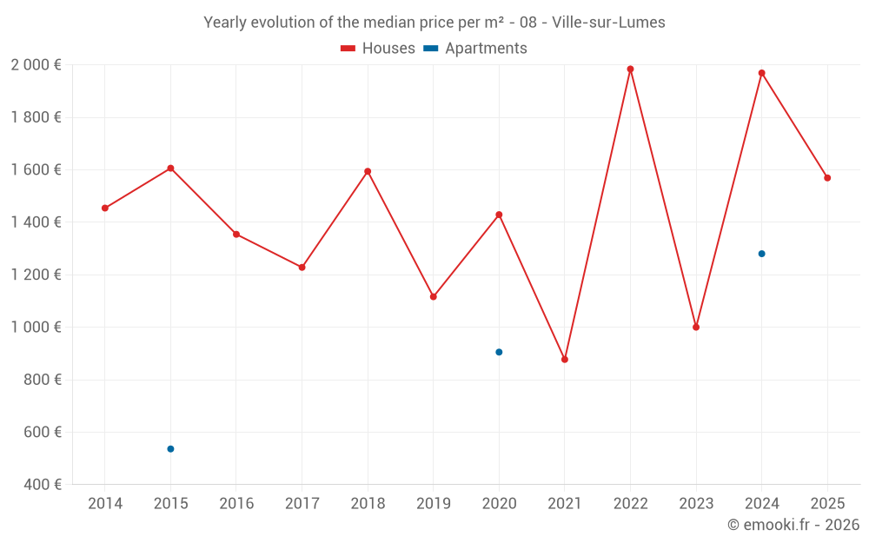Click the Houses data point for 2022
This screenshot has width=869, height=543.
[630, 70]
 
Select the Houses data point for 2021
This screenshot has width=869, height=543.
[565, 359]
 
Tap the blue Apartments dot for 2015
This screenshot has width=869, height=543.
[170, 449]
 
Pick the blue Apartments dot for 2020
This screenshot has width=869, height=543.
[499, 352]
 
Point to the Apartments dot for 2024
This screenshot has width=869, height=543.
[761, 254]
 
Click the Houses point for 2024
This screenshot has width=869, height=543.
[761, 73]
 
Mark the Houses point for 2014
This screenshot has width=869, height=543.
[105, 208]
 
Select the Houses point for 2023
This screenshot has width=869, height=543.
[696, 327]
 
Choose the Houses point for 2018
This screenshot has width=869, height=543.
[368, 171]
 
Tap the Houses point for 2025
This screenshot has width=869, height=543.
[827, 178]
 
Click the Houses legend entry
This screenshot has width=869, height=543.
[378, 49]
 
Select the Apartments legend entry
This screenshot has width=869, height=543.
[475, 49]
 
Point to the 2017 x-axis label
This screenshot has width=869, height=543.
[302, 504]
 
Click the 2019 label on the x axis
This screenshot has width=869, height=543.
[433, 504]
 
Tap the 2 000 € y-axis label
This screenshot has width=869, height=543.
[36, 65]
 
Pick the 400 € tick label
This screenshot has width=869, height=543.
[42, 484]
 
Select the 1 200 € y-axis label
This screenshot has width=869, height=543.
[36, 275]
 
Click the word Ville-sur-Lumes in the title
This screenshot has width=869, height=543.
[608, 23]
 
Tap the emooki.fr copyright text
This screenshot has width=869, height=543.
[793, 525]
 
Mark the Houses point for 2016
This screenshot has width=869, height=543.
[236, 234]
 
